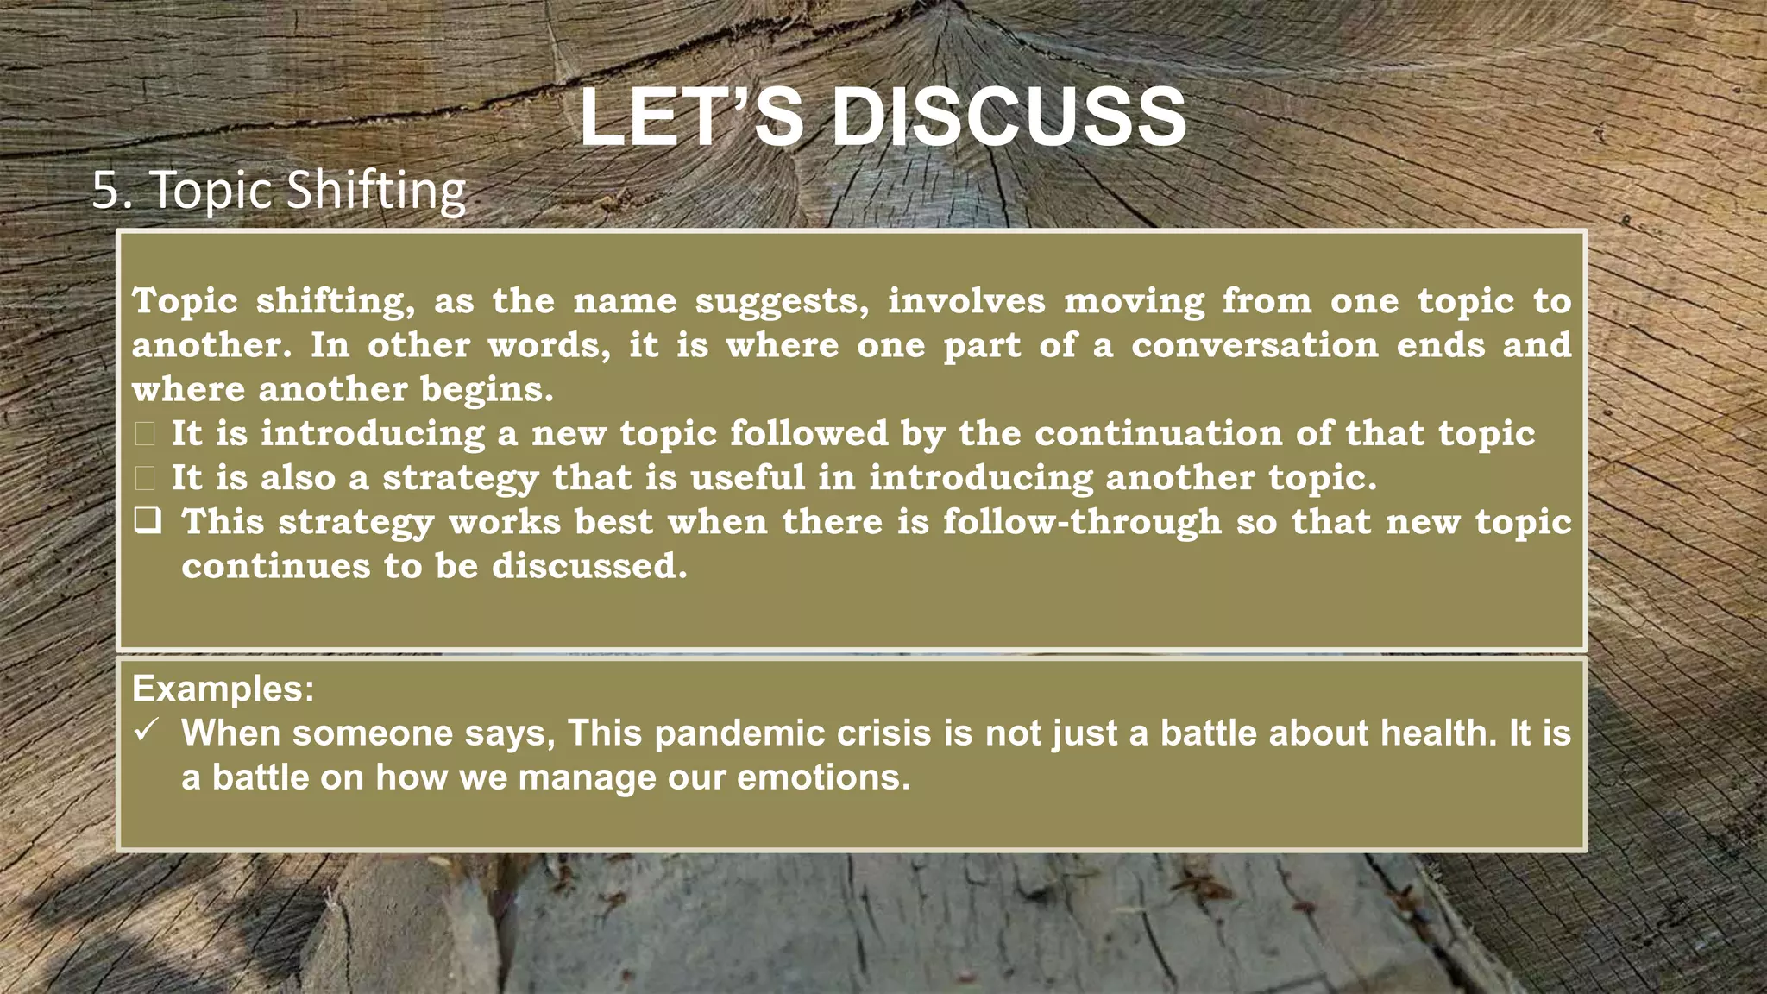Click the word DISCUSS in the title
click(x=1009, y=117)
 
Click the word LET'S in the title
click(x=691, y=117)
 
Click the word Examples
click(x=223, y=689)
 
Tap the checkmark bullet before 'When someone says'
click(x=146, y=731)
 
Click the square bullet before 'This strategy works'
click(x=147, y=520)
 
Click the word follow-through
click(x=1082, y=522)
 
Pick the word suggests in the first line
click(x=783, y=301)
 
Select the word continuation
click(x=1158, y=433)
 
